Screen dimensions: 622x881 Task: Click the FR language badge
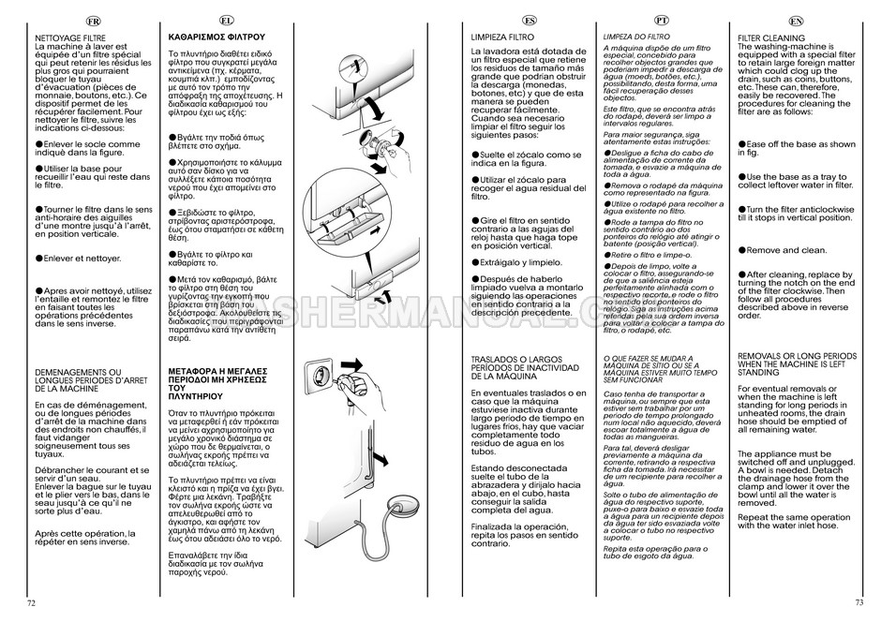95,21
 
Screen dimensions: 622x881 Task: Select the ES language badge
530,21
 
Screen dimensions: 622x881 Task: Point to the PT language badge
662,21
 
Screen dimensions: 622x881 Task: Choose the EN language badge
796,21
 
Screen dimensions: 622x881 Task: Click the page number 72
31,602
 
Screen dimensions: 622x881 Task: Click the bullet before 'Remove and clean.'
741,250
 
